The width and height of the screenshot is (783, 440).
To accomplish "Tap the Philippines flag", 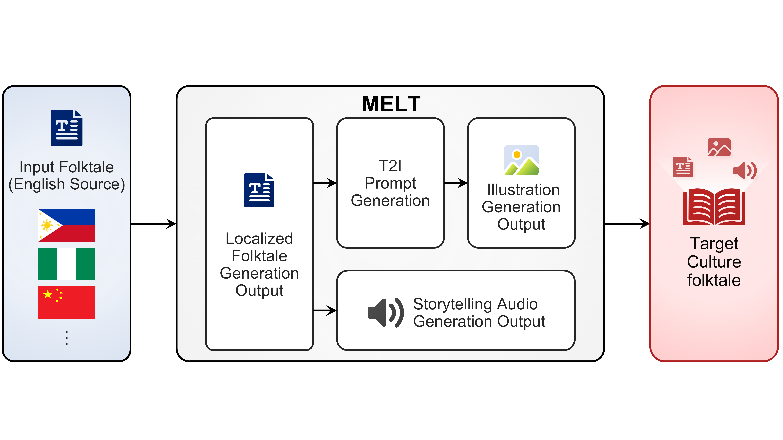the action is click(67, 225).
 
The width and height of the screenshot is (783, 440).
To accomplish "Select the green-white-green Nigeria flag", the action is click(67, 264).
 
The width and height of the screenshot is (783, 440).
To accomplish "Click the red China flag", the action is click(67, 302).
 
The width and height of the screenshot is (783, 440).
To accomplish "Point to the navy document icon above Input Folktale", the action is click(67, 128).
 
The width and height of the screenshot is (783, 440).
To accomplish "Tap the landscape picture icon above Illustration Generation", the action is click(521, 160).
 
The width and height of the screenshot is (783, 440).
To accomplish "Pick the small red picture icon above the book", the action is click(719, 147).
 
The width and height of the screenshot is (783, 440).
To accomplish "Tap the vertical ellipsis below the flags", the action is click(67, 338).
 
